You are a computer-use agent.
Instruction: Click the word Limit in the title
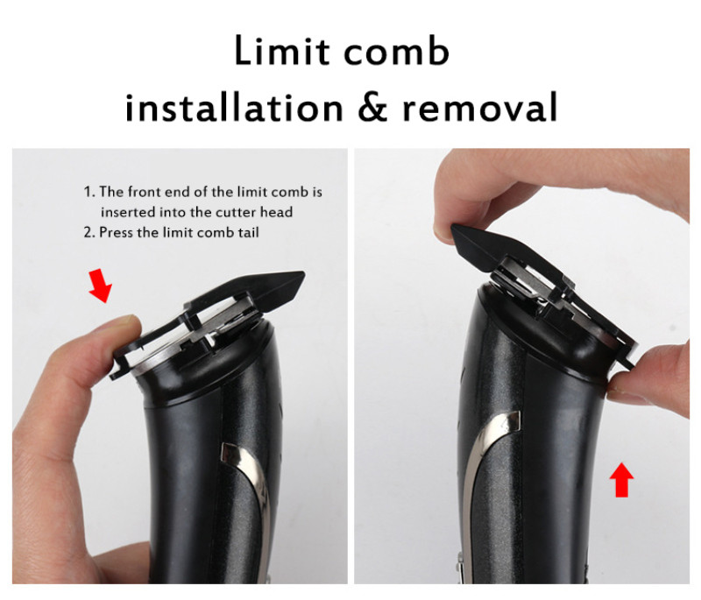(x=282, y=51)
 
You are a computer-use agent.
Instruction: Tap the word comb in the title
(x=396, y=51)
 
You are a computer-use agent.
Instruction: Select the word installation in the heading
(x=234, y=107)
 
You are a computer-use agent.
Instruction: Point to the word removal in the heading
(x=480, y=107)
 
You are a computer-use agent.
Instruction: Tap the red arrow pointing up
(x=621, y=480)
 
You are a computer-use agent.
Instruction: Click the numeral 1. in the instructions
(x=89, y=192)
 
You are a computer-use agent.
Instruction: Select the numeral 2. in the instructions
(x=89, y=233)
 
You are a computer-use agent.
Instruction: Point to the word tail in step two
(x=248, y=233)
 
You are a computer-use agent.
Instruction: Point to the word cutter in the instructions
(x=237, y=212)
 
